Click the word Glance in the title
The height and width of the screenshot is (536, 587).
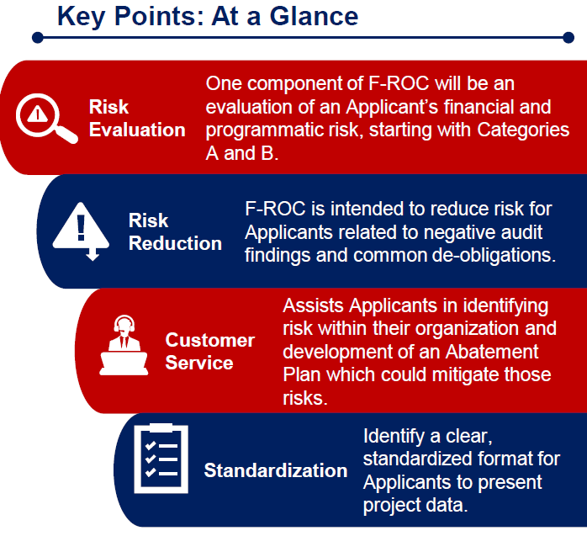tap(314, 17)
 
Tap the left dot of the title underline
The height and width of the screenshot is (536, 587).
tap(38, 38)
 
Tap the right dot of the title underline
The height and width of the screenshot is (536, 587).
tap(568, 38)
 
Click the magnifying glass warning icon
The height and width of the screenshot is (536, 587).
tap(47, 119)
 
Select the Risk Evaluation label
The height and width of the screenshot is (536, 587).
tap(137, 119)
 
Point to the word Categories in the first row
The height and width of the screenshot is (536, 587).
tap(523, 130)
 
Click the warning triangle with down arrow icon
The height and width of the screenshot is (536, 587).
tap(81, 231)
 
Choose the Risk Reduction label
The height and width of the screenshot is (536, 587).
tap(175, 232)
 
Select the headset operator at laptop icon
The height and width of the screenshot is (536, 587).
tap(124, 345)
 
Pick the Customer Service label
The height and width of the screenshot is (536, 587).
tap(210, 352)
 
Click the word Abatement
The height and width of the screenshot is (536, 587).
tap(491, 352)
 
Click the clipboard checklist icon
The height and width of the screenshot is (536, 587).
tap(161, 459)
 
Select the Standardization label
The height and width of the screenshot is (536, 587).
tap(276, 470)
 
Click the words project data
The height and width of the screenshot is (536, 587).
tap(415, 506)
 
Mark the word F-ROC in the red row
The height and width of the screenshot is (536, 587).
tap(399, 83)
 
